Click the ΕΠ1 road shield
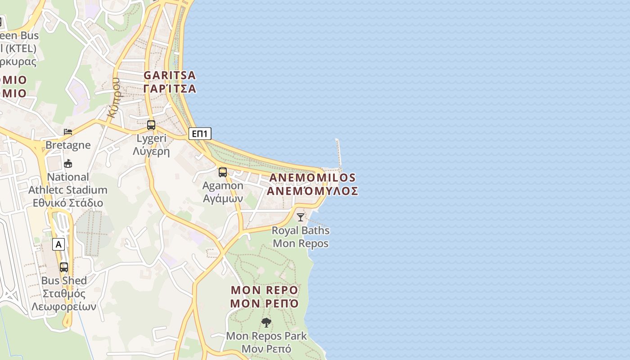(199, 133)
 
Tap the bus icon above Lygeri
(151, 125)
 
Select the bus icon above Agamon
(222, 172)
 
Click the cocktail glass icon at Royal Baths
(300, 217)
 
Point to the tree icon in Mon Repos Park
(266, 322)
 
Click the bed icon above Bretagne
(68, 131)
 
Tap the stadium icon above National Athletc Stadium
(68, 163)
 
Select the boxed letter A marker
(58, 244)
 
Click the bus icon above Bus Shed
(64, 267)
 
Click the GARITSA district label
(170, 75)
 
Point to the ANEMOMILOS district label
(312, 178)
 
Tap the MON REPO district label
(264, 289)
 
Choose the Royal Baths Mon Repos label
(301, 237)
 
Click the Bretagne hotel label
(68, 145)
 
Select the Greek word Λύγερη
(151, 151)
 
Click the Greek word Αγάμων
(223, 198)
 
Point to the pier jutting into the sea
(338, 153)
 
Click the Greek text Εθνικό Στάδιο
(68, 202)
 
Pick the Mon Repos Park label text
(266, 336)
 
